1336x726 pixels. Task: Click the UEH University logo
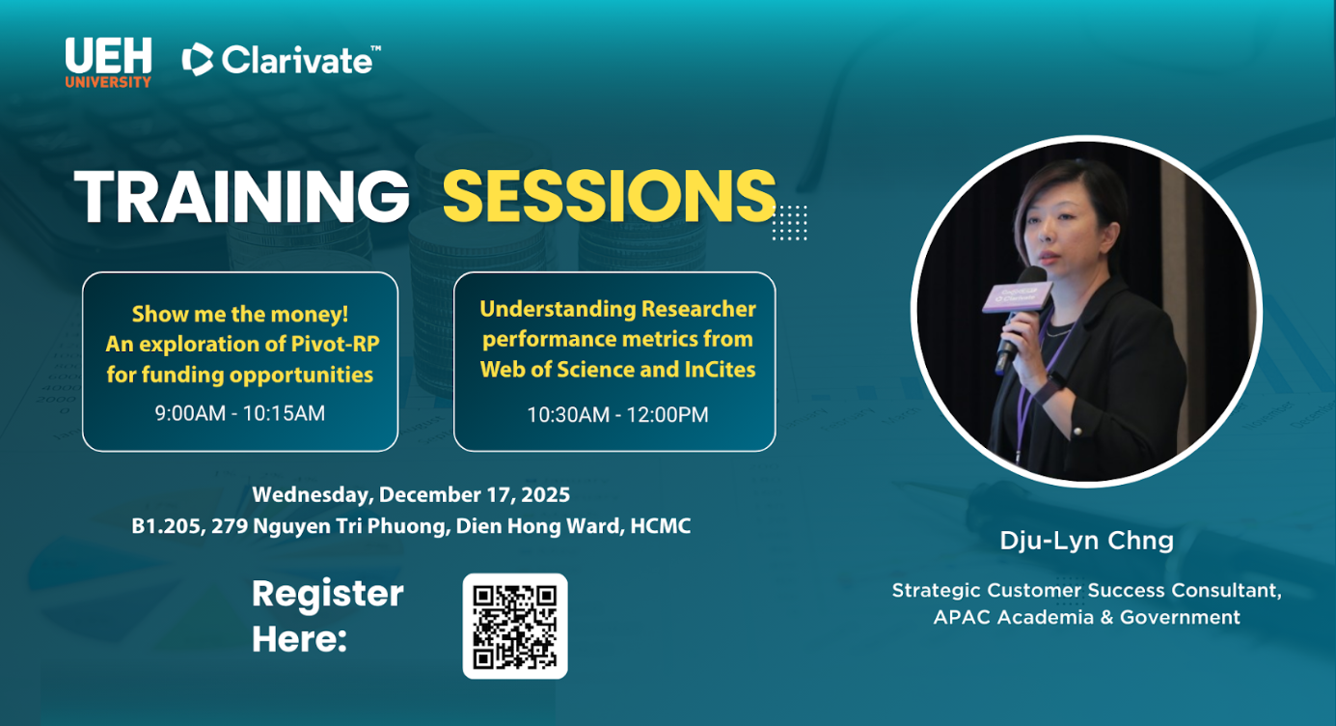click(x=108, y=63)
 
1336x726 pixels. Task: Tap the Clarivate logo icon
click(x=198, y=60)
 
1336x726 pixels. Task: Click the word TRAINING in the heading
click(x=241, y=196)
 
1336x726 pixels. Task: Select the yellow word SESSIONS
click(x=609, y=196)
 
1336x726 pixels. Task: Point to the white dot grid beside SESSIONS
click(x=790, y=223)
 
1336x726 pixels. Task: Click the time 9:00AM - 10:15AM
click(x=240, y=413)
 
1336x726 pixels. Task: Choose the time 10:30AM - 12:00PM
click(x=617, y=414)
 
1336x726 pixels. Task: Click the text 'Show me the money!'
click(x=240, y=314)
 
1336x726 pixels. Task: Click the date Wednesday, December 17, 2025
click(x=411, y=495)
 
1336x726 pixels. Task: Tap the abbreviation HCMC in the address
click(x=660, y=526)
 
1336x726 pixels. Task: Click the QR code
click(x=515, y=627)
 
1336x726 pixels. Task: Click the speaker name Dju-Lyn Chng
click(x=1087, y=541)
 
